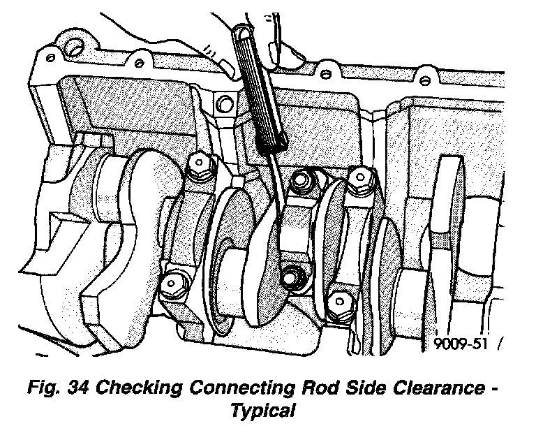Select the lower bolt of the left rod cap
170,286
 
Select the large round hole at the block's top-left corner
73,47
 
